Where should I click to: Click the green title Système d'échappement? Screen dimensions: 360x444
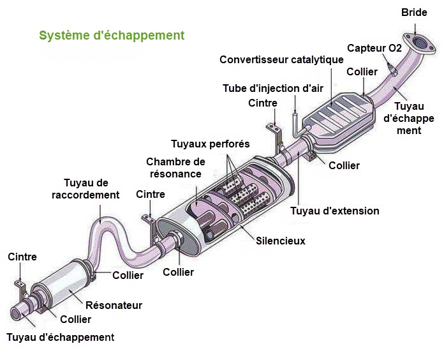click(x=112, y=35)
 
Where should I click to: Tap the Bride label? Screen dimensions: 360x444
click(x=414, y=12)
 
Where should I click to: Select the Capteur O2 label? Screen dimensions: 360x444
click(x=374, y=49)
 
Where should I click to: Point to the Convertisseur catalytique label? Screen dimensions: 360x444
click(x=281, y=59)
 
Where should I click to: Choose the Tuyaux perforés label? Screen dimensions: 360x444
click(x=210, y=144)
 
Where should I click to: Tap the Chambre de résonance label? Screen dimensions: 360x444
click(x=175, y=167)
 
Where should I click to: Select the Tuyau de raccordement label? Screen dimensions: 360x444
click(x=85, y=189)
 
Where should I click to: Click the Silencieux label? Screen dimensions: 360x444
click(x=281, y=241)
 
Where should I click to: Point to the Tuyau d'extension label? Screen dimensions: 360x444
click(x=335, y=211)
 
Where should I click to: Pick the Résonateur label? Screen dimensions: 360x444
click(x=114, y=305)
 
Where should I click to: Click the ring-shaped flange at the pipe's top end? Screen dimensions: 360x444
click(x=418, y=41)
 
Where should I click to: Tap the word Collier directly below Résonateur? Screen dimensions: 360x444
click(x=76, y=319)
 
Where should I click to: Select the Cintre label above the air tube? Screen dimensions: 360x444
click(x=263, y=103)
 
